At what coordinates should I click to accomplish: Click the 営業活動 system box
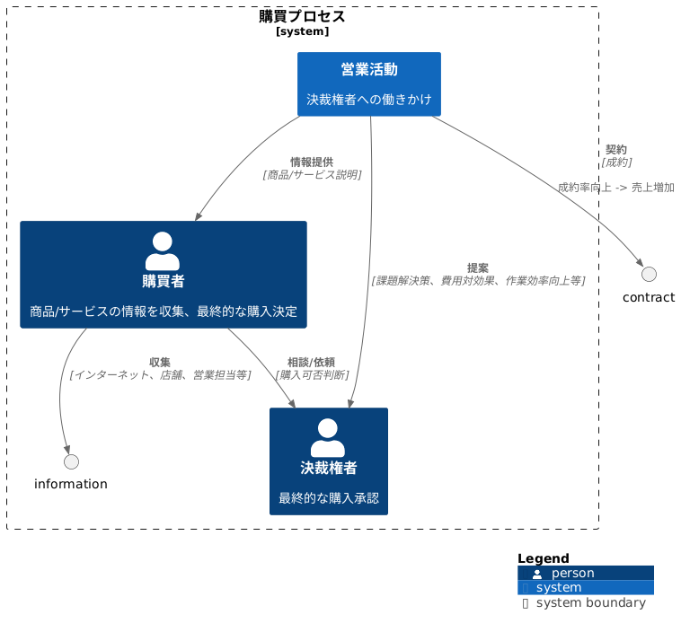coord(368,83)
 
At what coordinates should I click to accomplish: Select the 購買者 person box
coord(164,275)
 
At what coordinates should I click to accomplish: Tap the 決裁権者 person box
coord(328,461)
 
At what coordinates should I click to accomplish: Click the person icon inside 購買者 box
coord(163,251)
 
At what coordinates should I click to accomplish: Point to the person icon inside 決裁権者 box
coord(328,438)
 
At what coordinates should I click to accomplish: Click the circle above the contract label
coord(649,274)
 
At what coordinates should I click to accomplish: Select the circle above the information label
coord(71,461)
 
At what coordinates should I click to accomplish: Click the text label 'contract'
coord(648,298)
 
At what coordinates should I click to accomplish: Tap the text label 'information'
coord(71,485)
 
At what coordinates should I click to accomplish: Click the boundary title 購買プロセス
coord(302,16)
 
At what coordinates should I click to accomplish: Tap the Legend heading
coord(543,558)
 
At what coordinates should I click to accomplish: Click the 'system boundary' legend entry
coord(590,603)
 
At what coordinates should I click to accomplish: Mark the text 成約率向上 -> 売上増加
coord(615,188)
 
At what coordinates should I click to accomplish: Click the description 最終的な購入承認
coord(328,498)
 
